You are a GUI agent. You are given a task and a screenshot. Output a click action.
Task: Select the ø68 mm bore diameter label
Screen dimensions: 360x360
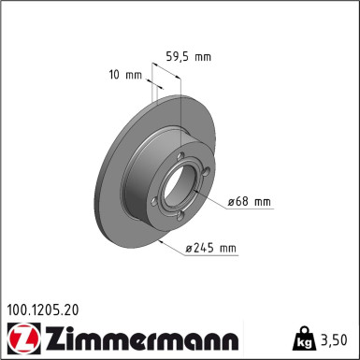click(248, 201)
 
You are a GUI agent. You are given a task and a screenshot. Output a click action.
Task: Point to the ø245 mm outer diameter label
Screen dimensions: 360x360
click(212, 248)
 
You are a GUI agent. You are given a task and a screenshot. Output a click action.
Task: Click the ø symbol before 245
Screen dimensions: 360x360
click(190, 248)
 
